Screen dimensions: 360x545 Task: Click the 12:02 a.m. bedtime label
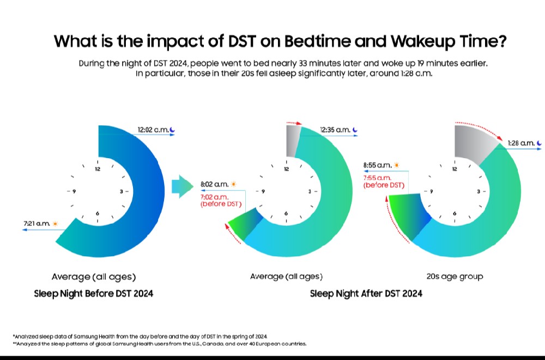[152, 130]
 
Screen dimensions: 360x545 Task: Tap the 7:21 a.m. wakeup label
[37, 223]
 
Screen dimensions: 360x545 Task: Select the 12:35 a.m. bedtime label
[335, 130]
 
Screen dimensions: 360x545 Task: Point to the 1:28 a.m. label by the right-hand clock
[520, 143]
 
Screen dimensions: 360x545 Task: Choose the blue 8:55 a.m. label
[378, 164]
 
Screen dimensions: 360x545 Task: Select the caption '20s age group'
[455, 277]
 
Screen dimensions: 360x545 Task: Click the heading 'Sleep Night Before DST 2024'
[93, 293]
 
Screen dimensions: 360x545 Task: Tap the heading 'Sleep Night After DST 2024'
[366, 293]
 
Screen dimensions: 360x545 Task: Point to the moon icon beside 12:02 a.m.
[172, 130]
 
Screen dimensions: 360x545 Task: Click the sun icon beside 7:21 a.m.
[55, 223]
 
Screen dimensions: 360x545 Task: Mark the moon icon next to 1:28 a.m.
[539, 143]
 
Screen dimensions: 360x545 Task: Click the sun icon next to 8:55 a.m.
[397, 164]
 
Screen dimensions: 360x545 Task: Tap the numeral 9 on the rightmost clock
[431, 191]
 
